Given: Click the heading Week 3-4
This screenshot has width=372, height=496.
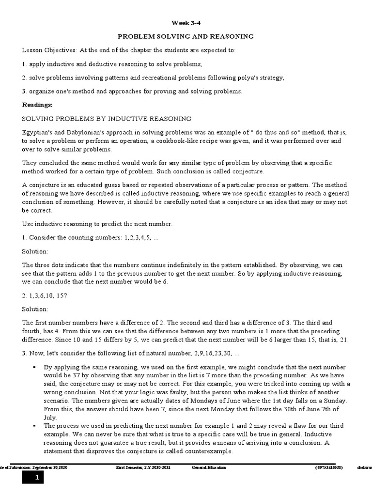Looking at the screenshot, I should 186,23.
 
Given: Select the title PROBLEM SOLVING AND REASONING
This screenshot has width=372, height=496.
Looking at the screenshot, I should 186,36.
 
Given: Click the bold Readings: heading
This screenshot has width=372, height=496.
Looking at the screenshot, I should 37,105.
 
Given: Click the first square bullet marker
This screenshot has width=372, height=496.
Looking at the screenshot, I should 34,368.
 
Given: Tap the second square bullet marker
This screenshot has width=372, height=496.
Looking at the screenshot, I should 34,426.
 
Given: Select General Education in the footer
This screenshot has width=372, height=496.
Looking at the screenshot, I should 209,467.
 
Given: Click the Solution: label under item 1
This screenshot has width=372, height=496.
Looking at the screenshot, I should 35,252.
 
